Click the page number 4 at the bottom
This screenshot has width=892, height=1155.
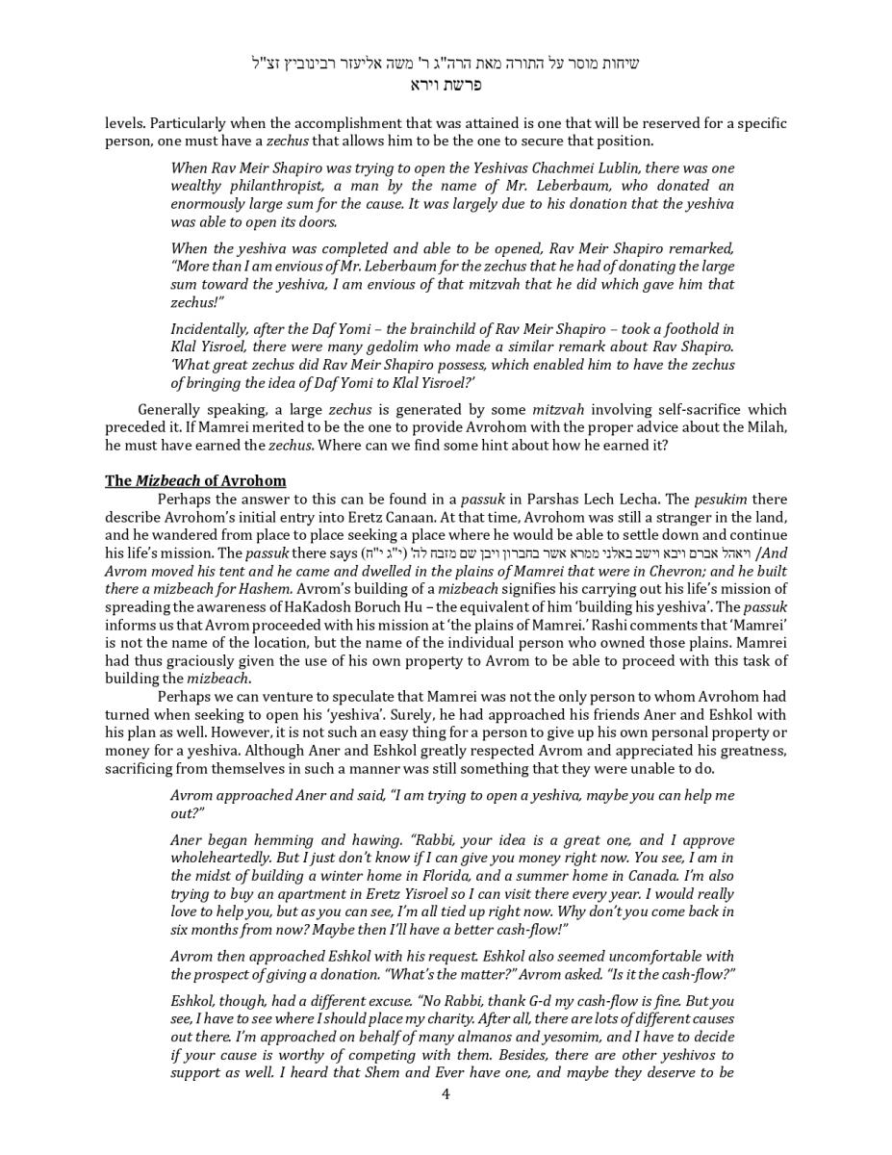click(x=446, y=1093)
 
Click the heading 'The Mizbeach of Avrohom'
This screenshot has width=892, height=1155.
click(x=195, y=480)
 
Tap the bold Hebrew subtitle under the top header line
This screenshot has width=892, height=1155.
click(x=446, y=85)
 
